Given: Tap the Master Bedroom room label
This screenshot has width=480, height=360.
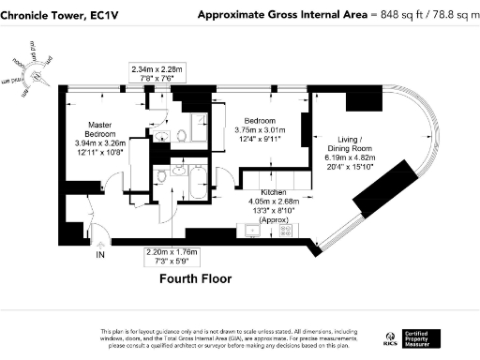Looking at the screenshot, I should tap(100, 129).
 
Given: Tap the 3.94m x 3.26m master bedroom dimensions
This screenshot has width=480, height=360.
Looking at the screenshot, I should tap(100, 145).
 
